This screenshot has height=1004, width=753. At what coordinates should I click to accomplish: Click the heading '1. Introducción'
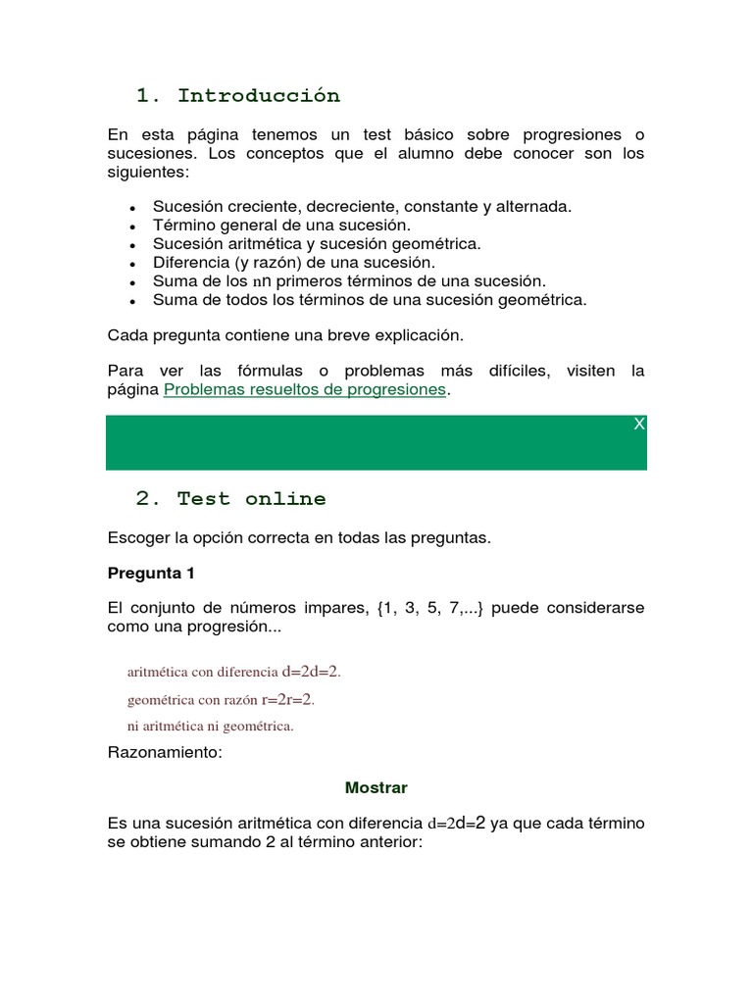(x=238, y=95)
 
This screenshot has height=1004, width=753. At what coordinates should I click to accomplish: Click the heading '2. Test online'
(x=230, y=498)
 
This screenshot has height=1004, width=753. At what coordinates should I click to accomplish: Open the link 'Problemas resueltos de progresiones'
(x=305, y=389)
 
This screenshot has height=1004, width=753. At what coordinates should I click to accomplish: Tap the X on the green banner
(x=638, y=424)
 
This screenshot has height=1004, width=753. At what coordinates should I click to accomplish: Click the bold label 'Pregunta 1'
(x=151, y=573)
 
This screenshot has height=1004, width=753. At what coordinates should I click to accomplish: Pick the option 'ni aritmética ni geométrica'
(x=210, y=727)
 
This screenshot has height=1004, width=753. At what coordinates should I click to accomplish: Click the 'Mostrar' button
(x=376, y=787)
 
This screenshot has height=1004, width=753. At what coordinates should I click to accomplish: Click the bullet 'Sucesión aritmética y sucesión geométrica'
(x=317, y=244)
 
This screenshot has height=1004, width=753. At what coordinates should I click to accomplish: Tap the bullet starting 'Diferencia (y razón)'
(x=293, y=263)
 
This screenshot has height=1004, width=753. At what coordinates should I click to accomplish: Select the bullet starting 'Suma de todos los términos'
(x=370, y=300)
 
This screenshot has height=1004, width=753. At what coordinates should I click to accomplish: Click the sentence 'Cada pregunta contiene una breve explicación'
(x=284, y=335)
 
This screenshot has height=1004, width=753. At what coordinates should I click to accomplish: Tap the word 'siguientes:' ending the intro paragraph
(x=147, y=172)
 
